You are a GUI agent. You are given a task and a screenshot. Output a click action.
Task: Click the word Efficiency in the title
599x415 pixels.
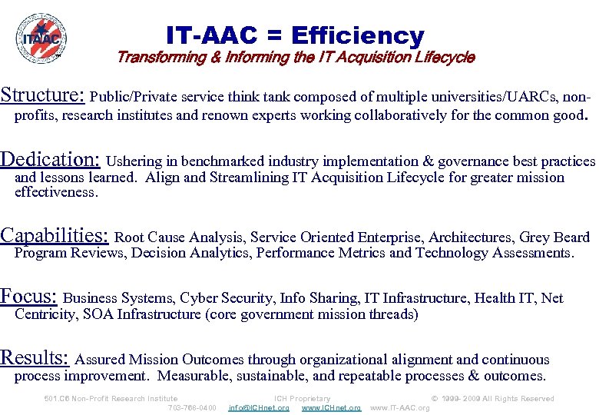pos(357,35)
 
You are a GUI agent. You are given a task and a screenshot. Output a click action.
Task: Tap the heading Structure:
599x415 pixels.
pos(42,95)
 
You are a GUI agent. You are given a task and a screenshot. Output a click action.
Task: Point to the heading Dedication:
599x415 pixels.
pos(50,159)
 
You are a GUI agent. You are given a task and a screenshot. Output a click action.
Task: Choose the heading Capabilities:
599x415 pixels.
pos(56,235)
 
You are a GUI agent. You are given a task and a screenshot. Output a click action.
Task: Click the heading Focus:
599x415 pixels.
pos(29,296)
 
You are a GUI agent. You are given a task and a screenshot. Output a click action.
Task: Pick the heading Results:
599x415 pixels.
pos(35,357)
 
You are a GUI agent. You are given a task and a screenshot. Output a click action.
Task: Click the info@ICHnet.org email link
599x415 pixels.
pos(259,408)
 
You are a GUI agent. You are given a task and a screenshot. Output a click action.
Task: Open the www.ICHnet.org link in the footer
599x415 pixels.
pos(331,408)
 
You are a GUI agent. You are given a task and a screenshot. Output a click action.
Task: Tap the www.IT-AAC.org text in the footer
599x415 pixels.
pos(400,408)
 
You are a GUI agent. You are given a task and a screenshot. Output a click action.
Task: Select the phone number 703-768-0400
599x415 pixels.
pos(192,408)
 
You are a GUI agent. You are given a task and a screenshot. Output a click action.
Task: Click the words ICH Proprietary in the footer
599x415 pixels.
pos(302,399)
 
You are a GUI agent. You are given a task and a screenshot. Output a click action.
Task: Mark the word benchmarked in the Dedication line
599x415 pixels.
pos(214,161)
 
